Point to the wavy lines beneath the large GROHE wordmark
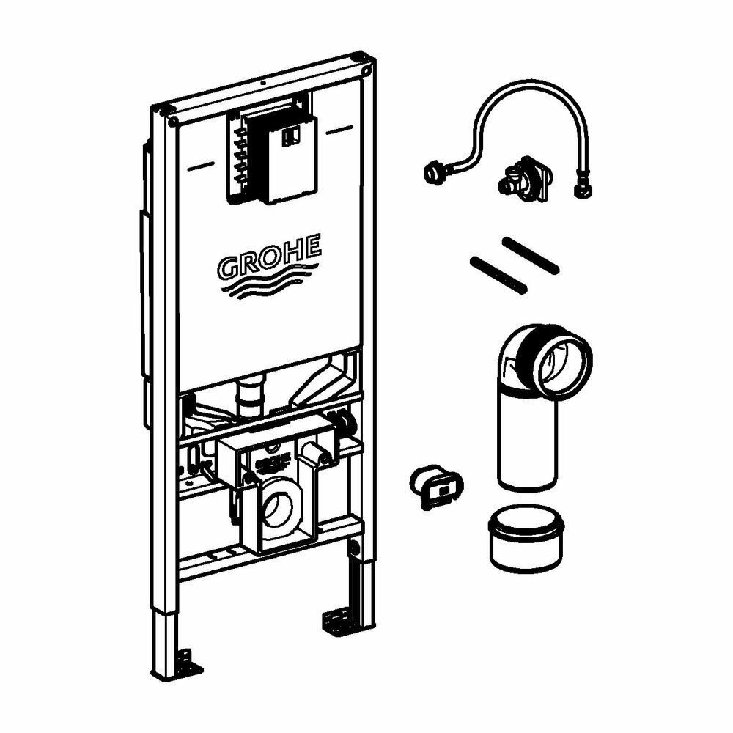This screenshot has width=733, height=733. pyautogui.click(x=268, y=287)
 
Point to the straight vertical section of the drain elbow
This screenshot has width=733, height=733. pyautogui.click(x=526, y=440)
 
